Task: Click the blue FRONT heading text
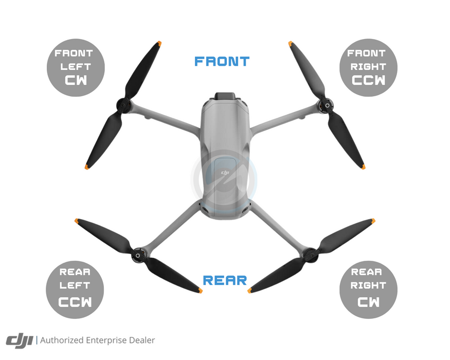[222, 61]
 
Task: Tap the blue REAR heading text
[225, 281]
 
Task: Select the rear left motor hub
[138, 254]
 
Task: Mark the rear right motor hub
[310, 253]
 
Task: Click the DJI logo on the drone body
[224, 173]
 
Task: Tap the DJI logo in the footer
[19, 340]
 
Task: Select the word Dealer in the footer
[141, 340]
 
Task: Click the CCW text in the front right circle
[369, 81]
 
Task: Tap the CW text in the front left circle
[76, 81]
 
